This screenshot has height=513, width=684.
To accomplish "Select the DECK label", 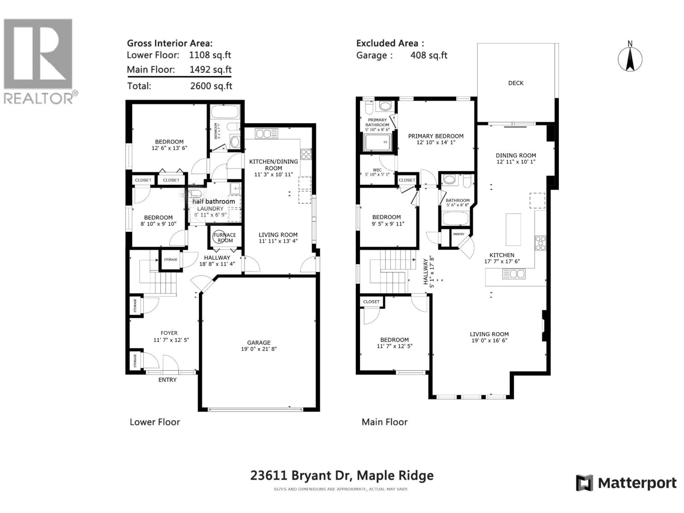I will click(x=516, y=83).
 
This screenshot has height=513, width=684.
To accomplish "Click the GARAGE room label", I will click(x=259, y=343).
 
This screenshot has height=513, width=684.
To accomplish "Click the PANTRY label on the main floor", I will click(x=459, y=234).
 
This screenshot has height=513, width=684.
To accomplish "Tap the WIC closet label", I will click(x=377, y=170).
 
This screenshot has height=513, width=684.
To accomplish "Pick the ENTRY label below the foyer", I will click(x=167, y=380).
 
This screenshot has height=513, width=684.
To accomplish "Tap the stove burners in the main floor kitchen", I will click(x=541, y=243).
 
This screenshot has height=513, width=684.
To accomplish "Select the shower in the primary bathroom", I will click(x=378, y=142).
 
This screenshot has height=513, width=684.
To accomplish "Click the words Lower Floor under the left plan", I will click(x=155, y=422).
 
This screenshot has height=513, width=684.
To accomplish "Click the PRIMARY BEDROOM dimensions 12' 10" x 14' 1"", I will click(x=436, y=142).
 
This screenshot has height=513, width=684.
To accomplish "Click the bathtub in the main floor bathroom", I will click(x=456, y=218).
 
